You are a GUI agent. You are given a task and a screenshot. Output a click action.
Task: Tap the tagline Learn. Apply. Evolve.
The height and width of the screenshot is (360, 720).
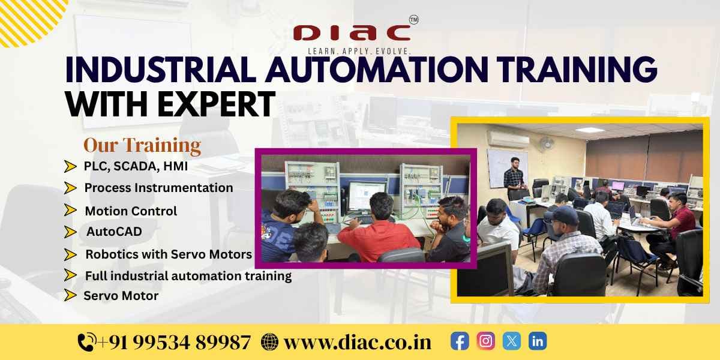click(359, 52)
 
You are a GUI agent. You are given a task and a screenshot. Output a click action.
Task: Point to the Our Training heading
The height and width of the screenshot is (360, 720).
click(142, 145)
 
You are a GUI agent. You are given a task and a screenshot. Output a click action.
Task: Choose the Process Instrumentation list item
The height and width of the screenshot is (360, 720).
click(158, 188)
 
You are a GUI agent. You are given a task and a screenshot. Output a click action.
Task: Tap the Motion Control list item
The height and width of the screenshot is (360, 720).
click(131, 211)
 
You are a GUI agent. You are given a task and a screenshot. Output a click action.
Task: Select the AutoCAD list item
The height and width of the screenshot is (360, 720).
click(114, 232)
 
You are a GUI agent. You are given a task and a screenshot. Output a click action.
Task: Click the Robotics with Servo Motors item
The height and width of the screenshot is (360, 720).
click(169, 254)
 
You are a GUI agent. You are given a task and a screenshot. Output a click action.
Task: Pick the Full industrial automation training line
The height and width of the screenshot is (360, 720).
click(188, 276)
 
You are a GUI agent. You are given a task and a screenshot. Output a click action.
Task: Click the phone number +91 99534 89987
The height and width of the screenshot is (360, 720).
click(174, 342)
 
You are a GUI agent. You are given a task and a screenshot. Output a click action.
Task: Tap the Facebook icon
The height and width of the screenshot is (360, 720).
click(460, 341)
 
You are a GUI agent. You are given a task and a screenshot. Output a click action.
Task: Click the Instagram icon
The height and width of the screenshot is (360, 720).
click(485, 341)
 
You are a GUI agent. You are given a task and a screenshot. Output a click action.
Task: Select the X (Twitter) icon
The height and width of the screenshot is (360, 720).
click(511, 341)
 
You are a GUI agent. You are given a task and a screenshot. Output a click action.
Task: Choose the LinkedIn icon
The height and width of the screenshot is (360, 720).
click(538, 341)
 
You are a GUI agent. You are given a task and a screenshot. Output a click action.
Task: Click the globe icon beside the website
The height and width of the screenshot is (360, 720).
click(270, 342)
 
